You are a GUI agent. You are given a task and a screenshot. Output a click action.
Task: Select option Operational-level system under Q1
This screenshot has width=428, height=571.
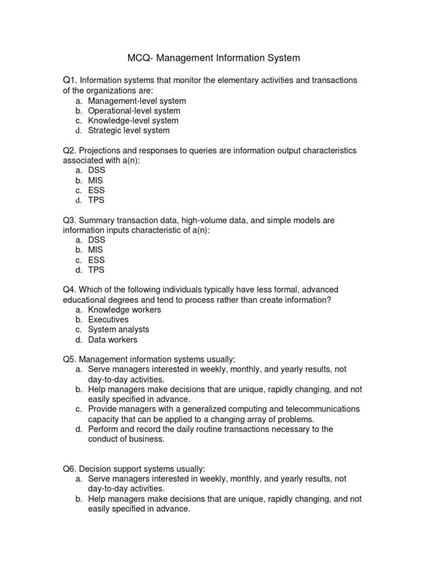[x=134, y=110]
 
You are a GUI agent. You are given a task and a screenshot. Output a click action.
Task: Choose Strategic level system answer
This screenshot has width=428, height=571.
[x=129, y=130]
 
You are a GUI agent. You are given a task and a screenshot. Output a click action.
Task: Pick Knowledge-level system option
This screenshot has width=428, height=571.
[x=133, y=120]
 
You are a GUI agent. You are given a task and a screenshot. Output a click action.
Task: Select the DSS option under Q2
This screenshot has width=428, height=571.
[x=96, y=170]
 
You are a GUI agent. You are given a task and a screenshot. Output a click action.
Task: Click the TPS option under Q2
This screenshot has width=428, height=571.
[x=96, y=200]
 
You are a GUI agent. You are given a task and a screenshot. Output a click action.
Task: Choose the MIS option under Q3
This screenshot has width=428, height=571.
[x=95, y=250]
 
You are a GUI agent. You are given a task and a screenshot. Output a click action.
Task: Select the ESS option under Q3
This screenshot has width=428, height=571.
[x=96, y=260]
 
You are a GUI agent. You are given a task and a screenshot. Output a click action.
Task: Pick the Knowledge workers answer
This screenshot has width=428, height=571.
[x=124, y=309]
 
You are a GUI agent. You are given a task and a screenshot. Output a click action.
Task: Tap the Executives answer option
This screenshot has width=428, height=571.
[x=108, y=320]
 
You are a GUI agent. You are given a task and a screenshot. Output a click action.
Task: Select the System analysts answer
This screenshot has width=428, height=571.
[x=119, y=330]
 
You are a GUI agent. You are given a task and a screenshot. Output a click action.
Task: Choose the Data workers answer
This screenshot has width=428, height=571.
[x=113, y=340]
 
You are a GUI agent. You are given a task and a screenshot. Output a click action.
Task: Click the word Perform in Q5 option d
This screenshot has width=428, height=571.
[x=103, y=429]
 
